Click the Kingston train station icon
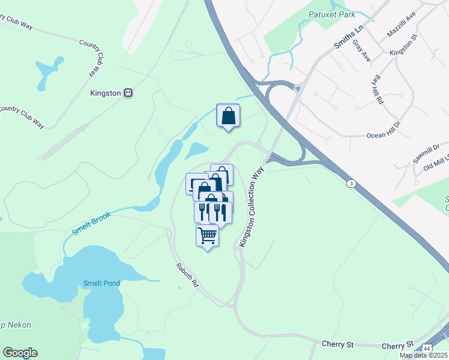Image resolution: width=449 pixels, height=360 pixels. (x=128, y=93)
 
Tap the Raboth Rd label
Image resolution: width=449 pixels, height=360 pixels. (x=187, y=275)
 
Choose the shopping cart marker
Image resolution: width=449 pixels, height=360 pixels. (x=207, y=235)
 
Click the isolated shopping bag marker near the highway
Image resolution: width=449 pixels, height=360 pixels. (x=228, y=115)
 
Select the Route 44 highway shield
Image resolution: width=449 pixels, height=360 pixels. (x=426, y=348)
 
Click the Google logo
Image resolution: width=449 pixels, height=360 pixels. (x=20, y=353)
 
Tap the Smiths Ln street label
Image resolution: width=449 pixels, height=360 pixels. (x=349, y=37)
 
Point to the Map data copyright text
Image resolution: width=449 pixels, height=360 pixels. (x=424, y=355)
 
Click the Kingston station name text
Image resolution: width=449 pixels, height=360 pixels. (x=106, y=94)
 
